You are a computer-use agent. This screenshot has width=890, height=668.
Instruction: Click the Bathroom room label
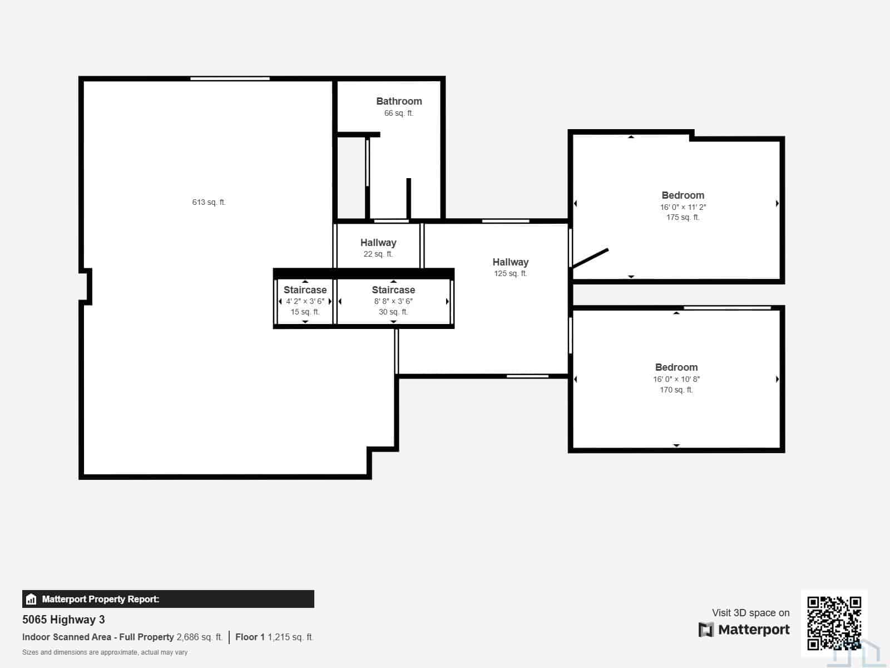(399, 101)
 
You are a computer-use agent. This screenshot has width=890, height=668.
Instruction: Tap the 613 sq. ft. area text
(209, 202)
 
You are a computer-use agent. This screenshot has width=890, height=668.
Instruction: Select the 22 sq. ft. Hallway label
(378, 243)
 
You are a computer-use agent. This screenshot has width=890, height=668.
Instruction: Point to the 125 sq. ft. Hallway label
(511, 262)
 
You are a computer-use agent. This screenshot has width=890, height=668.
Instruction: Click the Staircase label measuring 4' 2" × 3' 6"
(305, 290)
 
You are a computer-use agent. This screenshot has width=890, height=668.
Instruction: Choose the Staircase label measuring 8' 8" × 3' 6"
(393, 290)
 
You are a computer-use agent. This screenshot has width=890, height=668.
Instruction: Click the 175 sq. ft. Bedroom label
(683, 195)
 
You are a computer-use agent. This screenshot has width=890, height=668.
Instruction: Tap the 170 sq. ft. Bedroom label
(676, 367)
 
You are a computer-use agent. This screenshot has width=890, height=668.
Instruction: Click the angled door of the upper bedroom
(590, 258)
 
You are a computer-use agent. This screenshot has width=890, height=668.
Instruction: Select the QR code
(834, 623)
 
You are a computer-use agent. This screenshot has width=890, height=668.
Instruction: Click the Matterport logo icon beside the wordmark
(706, 630)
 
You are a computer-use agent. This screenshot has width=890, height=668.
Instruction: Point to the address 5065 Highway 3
(63, 620)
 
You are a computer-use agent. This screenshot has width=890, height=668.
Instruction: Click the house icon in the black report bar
(31, 599)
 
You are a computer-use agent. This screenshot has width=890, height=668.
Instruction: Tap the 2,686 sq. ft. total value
(200, 637)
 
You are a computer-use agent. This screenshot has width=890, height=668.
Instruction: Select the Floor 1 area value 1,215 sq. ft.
(290, 637)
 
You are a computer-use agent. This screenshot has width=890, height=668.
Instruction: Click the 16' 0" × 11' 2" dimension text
(683, 207)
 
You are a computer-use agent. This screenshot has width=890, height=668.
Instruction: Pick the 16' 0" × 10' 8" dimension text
(676, 379)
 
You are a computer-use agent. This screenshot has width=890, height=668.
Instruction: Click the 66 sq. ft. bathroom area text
(399, 113)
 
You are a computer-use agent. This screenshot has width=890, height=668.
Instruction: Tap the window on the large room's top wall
(230, 78)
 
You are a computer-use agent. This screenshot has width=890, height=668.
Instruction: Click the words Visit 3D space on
(750, 612)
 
